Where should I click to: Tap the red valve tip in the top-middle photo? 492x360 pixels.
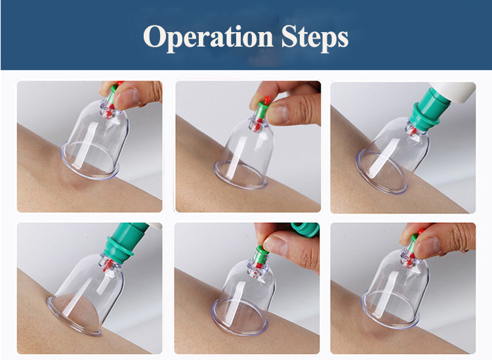click(x=267, y=100)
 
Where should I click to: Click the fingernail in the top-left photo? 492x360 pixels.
click(x=130, y=96)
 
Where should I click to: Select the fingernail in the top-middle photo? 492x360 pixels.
click(x=279, y=113)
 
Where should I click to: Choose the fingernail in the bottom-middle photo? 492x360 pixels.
click(x=277, y=245)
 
